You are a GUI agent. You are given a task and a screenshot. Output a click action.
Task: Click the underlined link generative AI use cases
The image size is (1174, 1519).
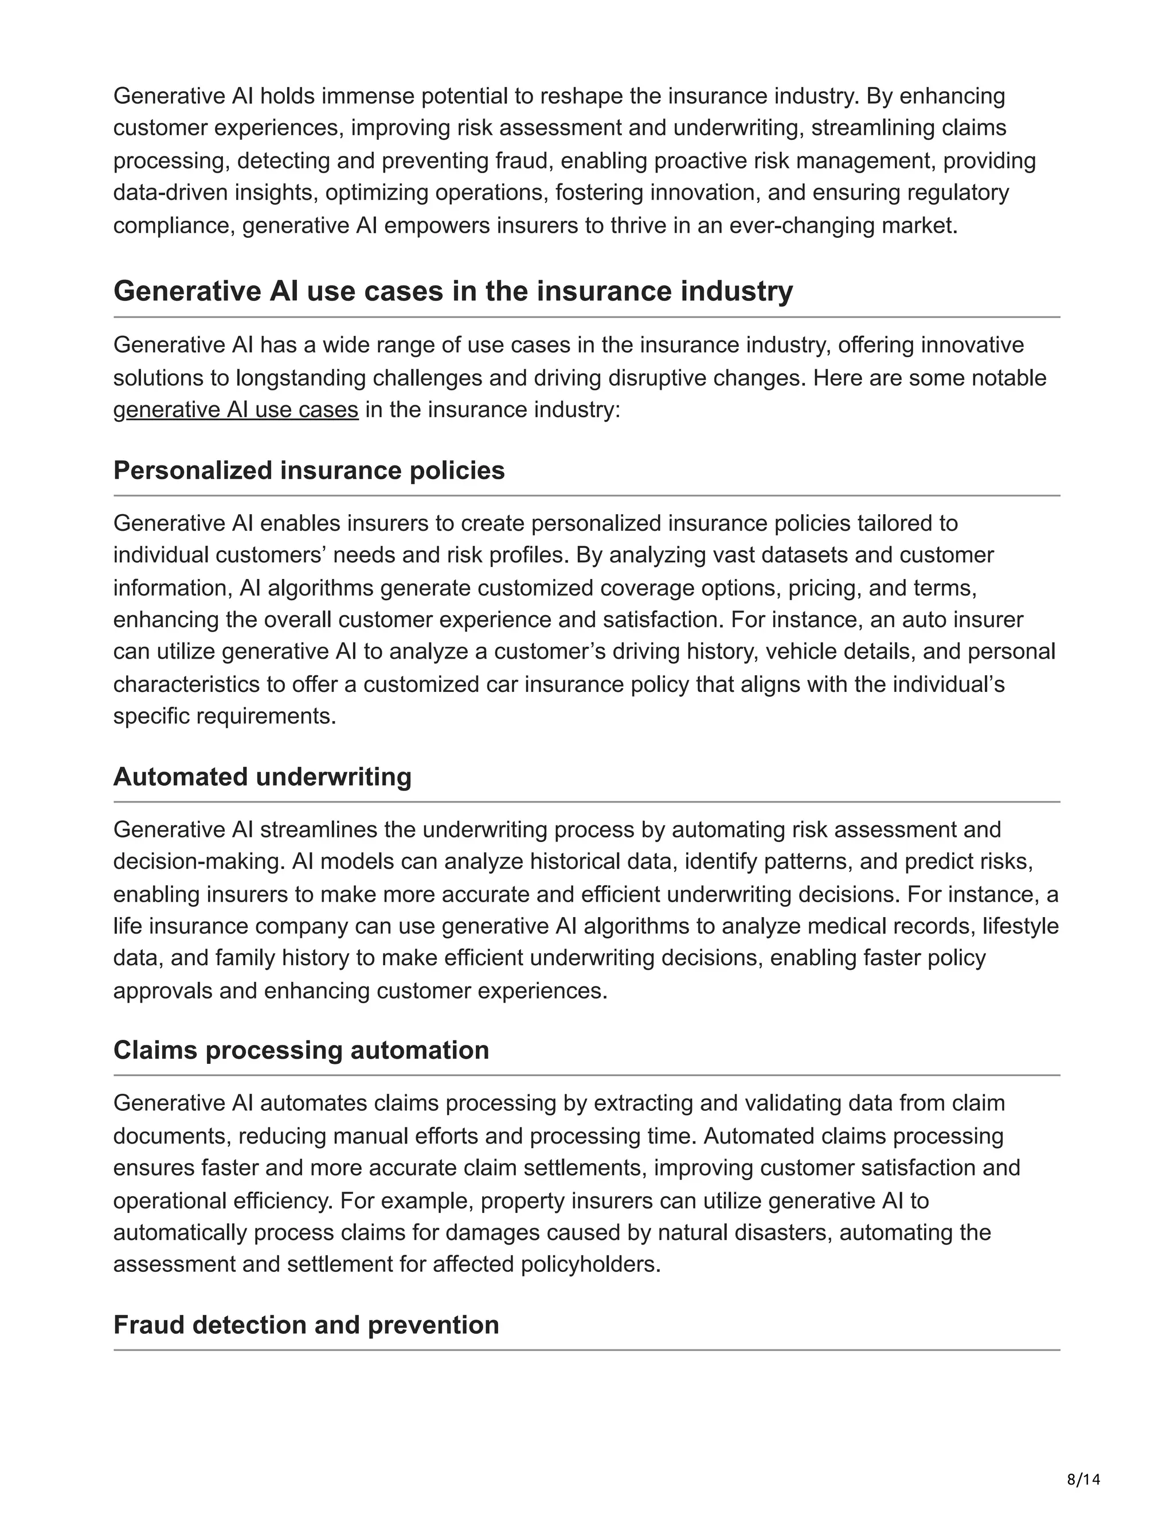tap(236, 410)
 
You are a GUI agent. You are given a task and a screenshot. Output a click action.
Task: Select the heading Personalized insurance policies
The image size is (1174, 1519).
tap(309, 470)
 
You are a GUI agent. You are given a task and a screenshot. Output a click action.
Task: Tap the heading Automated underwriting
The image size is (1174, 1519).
tap(262, 776)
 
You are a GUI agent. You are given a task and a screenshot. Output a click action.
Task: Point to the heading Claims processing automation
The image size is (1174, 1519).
tap(300, 1050)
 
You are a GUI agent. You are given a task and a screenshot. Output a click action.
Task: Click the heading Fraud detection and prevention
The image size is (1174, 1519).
tap(306, 1324)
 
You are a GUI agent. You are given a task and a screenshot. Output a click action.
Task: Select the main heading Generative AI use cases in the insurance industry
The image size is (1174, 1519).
tap(453, 291)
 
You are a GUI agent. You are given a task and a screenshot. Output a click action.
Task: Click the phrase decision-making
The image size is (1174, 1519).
tap(199, 862)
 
